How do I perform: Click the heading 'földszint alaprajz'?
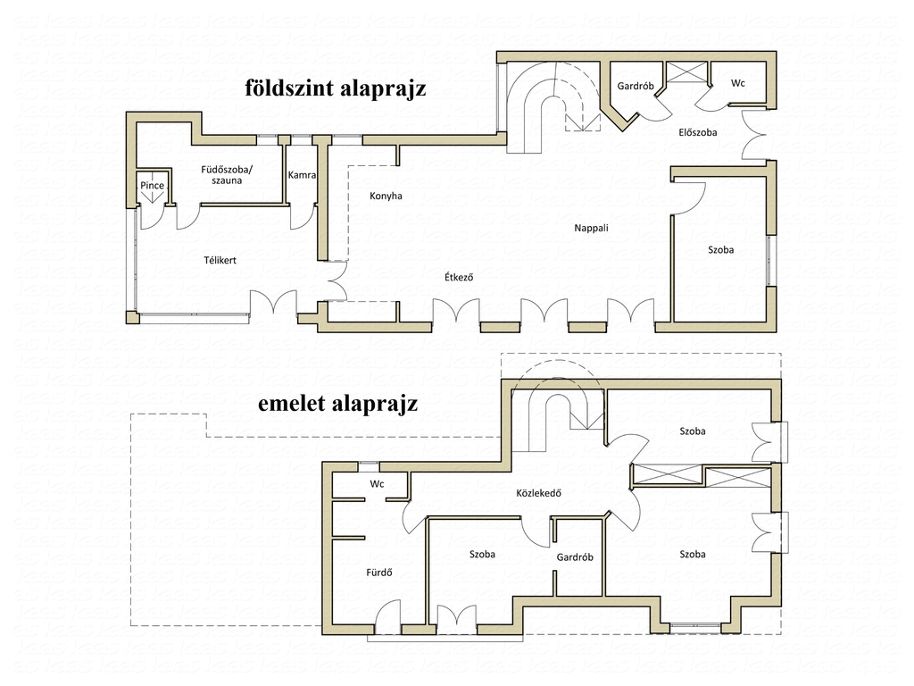click(x=336, y=88)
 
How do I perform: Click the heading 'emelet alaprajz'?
click(x=338, y=403)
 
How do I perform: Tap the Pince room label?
click(x=152, y=186)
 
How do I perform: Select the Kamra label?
click(x=302, y=175)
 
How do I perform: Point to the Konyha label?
click(x=386, y=196)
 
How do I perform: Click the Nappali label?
click(x=591, y=228)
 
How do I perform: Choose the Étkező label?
click(x=459, y=277)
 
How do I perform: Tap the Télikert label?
click(x=220, y=260)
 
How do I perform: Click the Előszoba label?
click(x=698, y=132)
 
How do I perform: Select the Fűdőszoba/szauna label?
click(x=227, y=175)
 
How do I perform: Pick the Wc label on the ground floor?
click(x=738, y=83)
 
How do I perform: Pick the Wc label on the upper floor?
click(x=378, y=484)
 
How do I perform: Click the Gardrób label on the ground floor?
click(x=636, y=87)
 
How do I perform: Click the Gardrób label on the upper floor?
click(x=575, y=557)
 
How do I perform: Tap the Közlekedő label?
click(x=538, y=493)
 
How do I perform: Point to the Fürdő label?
click(x=378, y=573)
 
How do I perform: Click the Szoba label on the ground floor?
click(x=721, y=250)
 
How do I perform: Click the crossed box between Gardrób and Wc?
click(x=686, y=72)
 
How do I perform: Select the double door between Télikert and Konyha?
click(x=337, y=281)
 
